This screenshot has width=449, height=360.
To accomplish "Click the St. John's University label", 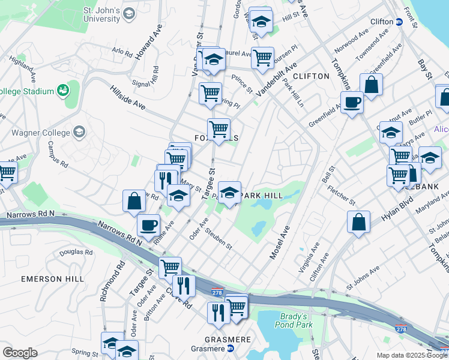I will pyautogui.click(x=101, y=14).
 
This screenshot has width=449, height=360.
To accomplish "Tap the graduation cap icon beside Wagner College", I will pyautogui.click(x=80, y=132).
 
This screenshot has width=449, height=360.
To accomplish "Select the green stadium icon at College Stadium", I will pyautogui.click(x=62, y=91).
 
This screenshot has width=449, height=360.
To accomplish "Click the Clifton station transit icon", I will pyautogui.click(x=399, y=22).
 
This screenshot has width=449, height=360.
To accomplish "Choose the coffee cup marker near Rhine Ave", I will pyautogui.click(x=149, y=226).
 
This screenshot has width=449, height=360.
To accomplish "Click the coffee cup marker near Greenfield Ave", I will pyautogui.click(x=352, y=102).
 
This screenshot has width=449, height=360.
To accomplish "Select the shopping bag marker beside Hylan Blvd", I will pyautogui.click(x=358, y=222).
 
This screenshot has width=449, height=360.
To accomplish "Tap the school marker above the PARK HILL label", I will pyautogui.click(x=229, y=193).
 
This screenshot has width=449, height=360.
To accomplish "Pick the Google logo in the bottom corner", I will pyautogui.click(x=20, y=353).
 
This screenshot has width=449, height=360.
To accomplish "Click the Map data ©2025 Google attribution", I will pyautogui.click(x=412, y=355).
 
